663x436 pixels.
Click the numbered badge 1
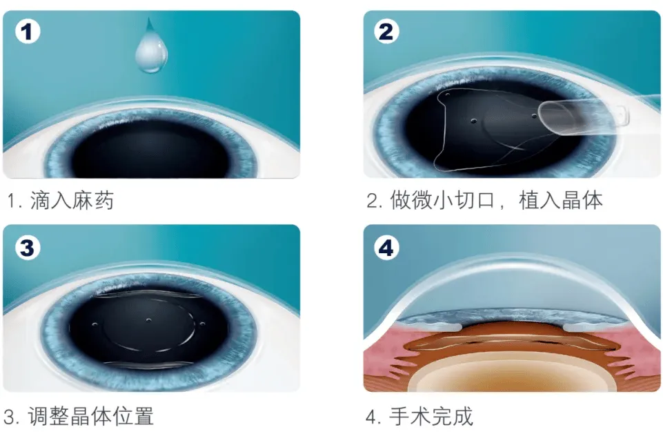click(x=28, y=32)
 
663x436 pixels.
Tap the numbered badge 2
click(x=386, y=32)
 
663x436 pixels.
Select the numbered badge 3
click(x=28, y=248)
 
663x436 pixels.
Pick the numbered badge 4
click(x=386, y=248)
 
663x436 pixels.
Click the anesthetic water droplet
click(x=151, y=48)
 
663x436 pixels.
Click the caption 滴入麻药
click(x=72, y=200)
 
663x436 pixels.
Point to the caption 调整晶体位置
click(x=91, y=416)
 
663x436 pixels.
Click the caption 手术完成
click(x=431, y=416)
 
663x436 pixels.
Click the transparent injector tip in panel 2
click(x=584, y=117)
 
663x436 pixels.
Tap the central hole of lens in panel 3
click(x=148, y=320)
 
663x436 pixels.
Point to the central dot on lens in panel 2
click(x=473, y=121)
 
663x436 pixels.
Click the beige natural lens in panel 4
click(x=513, y=372)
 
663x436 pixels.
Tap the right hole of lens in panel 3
click(x=203, y=324)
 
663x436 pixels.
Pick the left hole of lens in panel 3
click(x=95, y=324)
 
